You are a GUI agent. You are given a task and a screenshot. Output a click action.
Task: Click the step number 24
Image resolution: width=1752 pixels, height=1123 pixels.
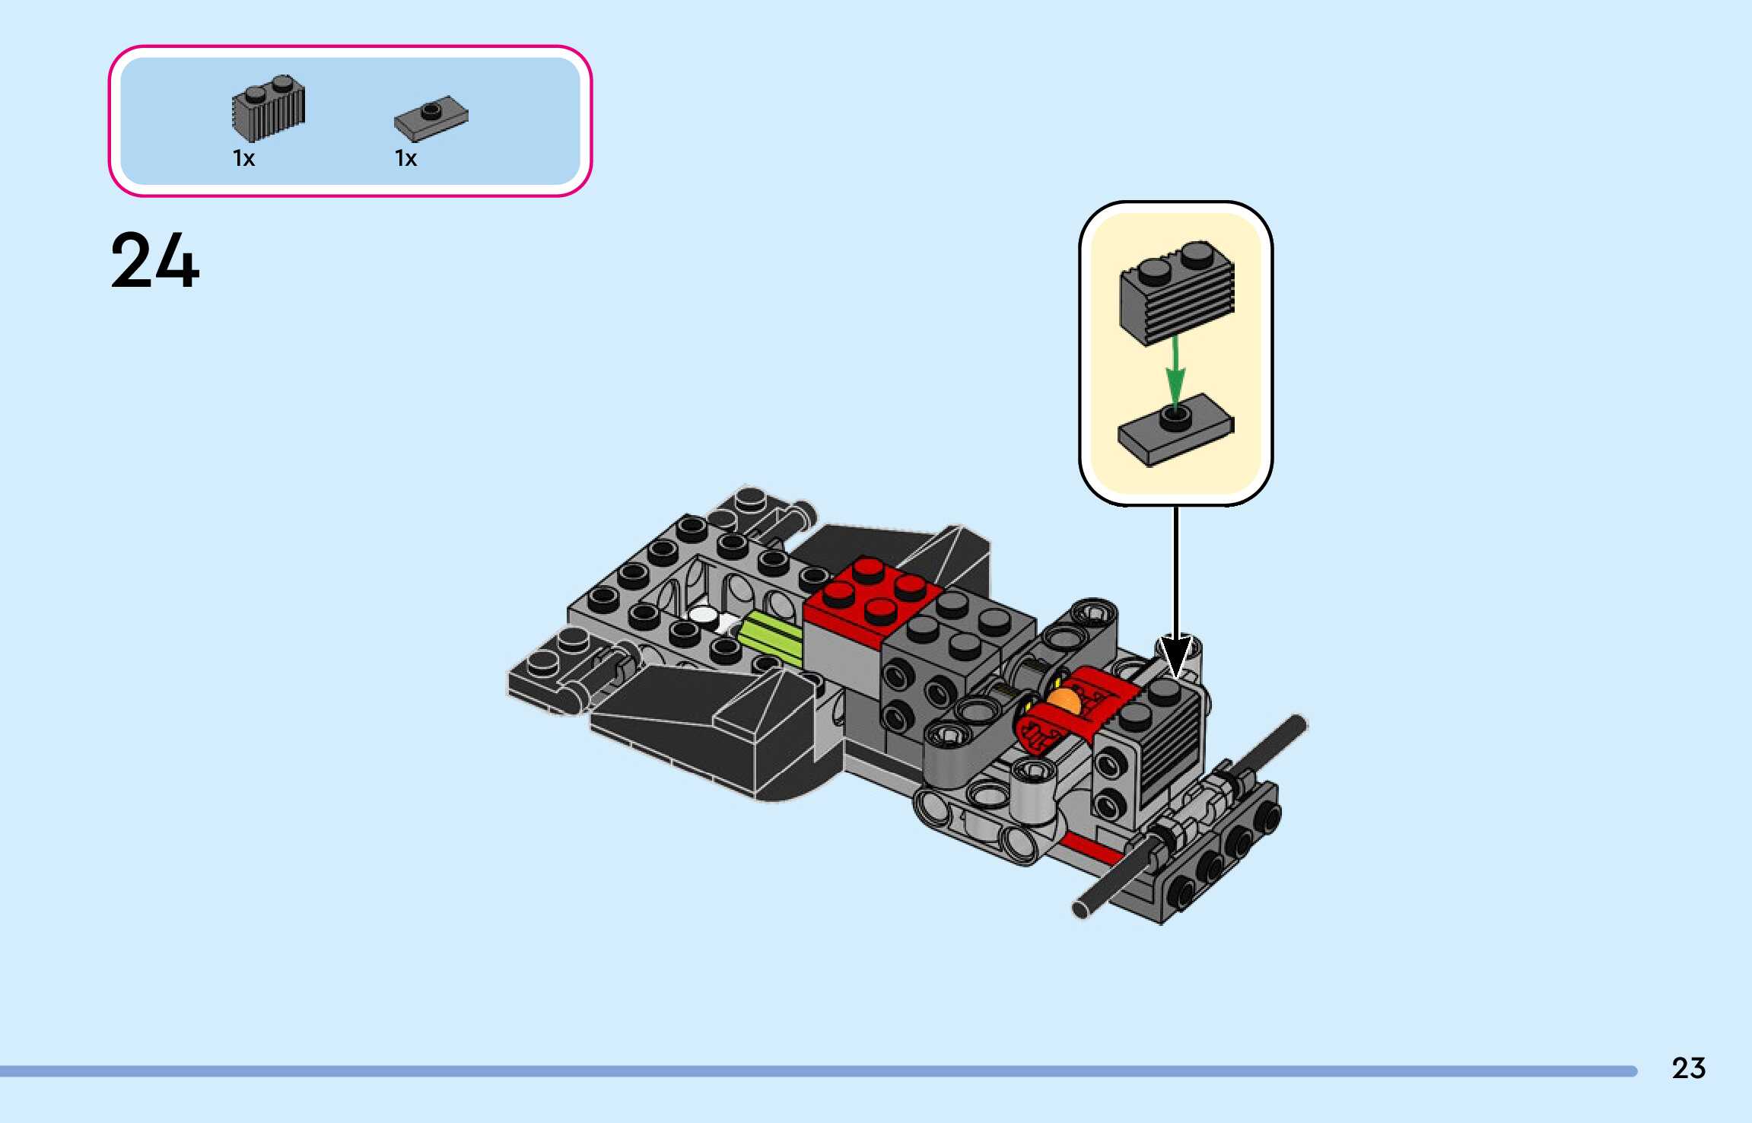[155, 261]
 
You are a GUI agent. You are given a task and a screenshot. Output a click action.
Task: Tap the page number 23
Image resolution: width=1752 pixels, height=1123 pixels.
[1688, 1068]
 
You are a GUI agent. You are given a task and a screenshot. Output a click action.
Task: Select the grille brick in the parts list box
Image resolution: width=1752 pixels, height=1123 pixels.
[268, 108]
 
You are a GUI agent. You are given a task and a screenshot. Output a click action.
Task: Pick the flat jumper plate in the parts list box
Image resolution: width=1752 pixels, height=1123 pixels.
[431, 119]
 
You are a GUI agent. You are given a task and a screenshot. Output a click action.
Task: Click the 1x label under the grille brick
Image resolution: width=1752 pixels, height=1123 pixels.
[243, 158]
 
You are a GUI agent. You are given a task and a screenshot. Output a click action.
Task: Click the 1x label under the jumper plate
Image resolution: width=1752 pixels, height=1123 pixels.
[405, 158]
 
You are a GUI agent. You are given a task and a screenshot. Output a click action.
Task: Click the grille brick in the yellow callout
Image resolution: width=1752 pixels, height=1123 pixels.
[1176, 293]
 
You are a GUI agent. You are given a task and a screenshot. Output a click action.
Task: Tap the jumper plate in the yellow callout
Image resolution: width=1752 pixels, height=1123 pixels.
[1175, 429]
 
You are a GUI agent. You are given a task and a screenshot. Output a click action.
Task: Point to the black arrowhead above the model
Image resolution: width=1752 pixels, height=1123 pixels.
[1175, 656]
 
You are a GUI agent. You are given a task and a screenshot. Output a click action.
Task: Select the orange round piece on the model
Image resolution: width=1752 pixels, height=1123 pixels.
[1063, 701]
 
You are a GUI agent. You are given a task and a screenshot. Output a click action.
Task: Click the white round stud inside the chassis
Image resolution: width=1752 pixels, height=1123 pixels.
[704, 616]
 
